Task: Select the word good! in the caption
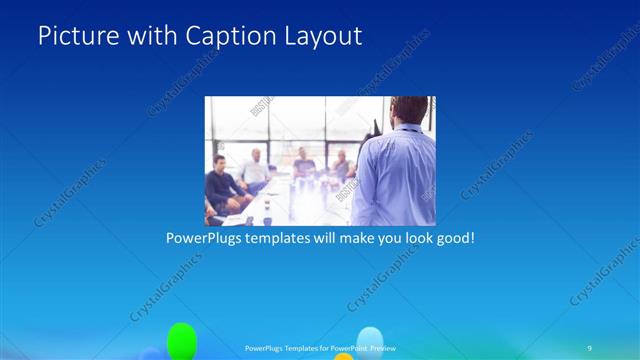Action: [x=451, y=240]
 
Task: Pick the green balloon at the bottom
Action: [x=181, y=340]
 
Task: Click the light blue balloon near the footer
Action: [x=370, y=340]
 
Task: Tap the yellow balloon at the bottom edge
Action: [x=343, y=356]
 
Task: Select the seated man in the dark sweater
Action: [x=222, y=188]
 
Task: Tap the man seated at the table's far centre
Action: [x=303, y=163]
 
